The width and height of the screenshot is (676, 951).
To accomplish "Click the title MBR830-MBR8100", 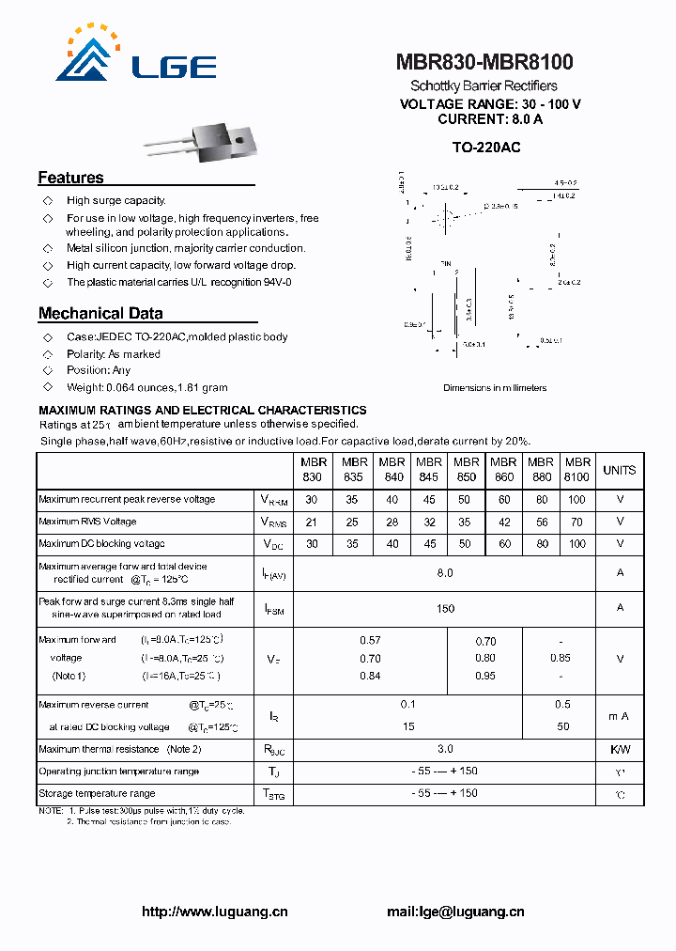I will point(484,62).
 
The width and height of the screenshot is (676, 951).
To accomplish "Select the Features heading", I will point(70,178).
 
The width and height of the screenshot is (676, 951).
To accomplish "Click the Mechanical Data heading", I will point(100,314).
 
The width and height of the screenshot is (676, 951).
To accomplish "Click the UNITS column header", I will point(619,470).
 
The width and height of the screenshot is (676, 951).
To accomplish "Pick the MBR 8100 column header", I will point(577,469).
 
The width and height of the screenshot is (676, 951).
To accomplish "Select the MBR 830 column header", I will point(313,469).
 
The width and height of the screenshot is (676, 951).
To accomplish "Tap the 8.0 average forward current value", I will point(445,572).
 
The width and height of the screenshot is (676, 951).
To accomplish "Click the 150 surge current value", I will point(445,608).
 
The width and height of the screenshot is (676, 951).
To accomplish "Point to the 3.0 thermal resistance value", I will point(445,749).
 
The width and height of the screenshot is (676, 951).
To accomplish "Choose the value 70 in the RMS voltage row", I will point(577,522).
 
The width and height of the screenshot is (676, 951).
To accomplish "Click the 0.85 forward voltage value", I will point(560,658).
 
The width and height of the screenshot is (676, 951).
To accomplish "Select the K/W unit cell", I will point(619,749).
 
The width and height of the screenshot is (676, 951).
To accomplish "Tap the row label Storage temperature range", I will point(97,794).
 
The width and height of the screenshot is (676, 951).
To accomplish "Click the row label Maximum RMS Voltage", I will point(87,522).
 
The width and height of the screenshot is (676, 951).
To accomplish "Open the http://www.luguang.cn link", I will point(214,911).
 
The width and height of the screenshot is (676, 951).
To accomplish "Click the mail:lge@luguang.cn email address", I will point(455,911).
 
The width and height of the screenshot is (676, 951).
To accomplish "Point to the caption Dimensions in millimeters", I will point(494,387).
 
